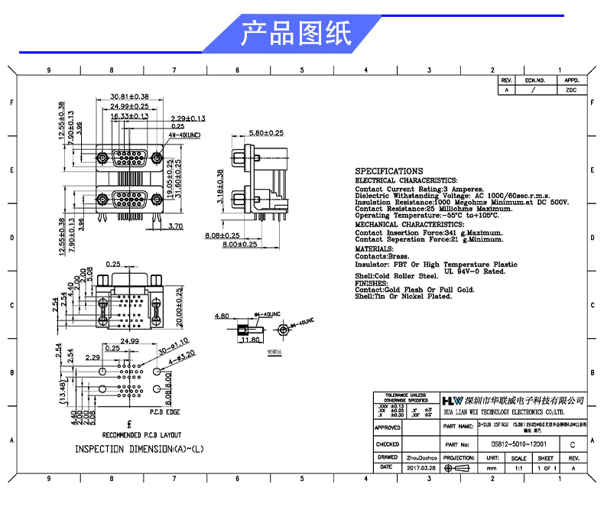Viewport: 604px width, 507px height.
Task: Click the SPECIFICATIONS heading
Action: (389, 171)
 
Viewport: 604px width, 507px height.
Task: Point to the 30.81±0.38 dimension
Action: (129, 96)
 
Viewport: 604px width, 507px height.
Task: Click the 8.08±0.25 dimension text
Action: (222, 236)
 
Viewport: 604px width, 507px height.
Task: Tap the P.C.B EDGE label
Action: (165, 412)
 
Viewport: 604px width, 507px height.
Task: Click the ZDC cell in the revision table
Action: (571, 89)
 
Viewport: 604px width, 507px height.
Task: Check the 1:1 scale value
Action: (518, 467)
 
